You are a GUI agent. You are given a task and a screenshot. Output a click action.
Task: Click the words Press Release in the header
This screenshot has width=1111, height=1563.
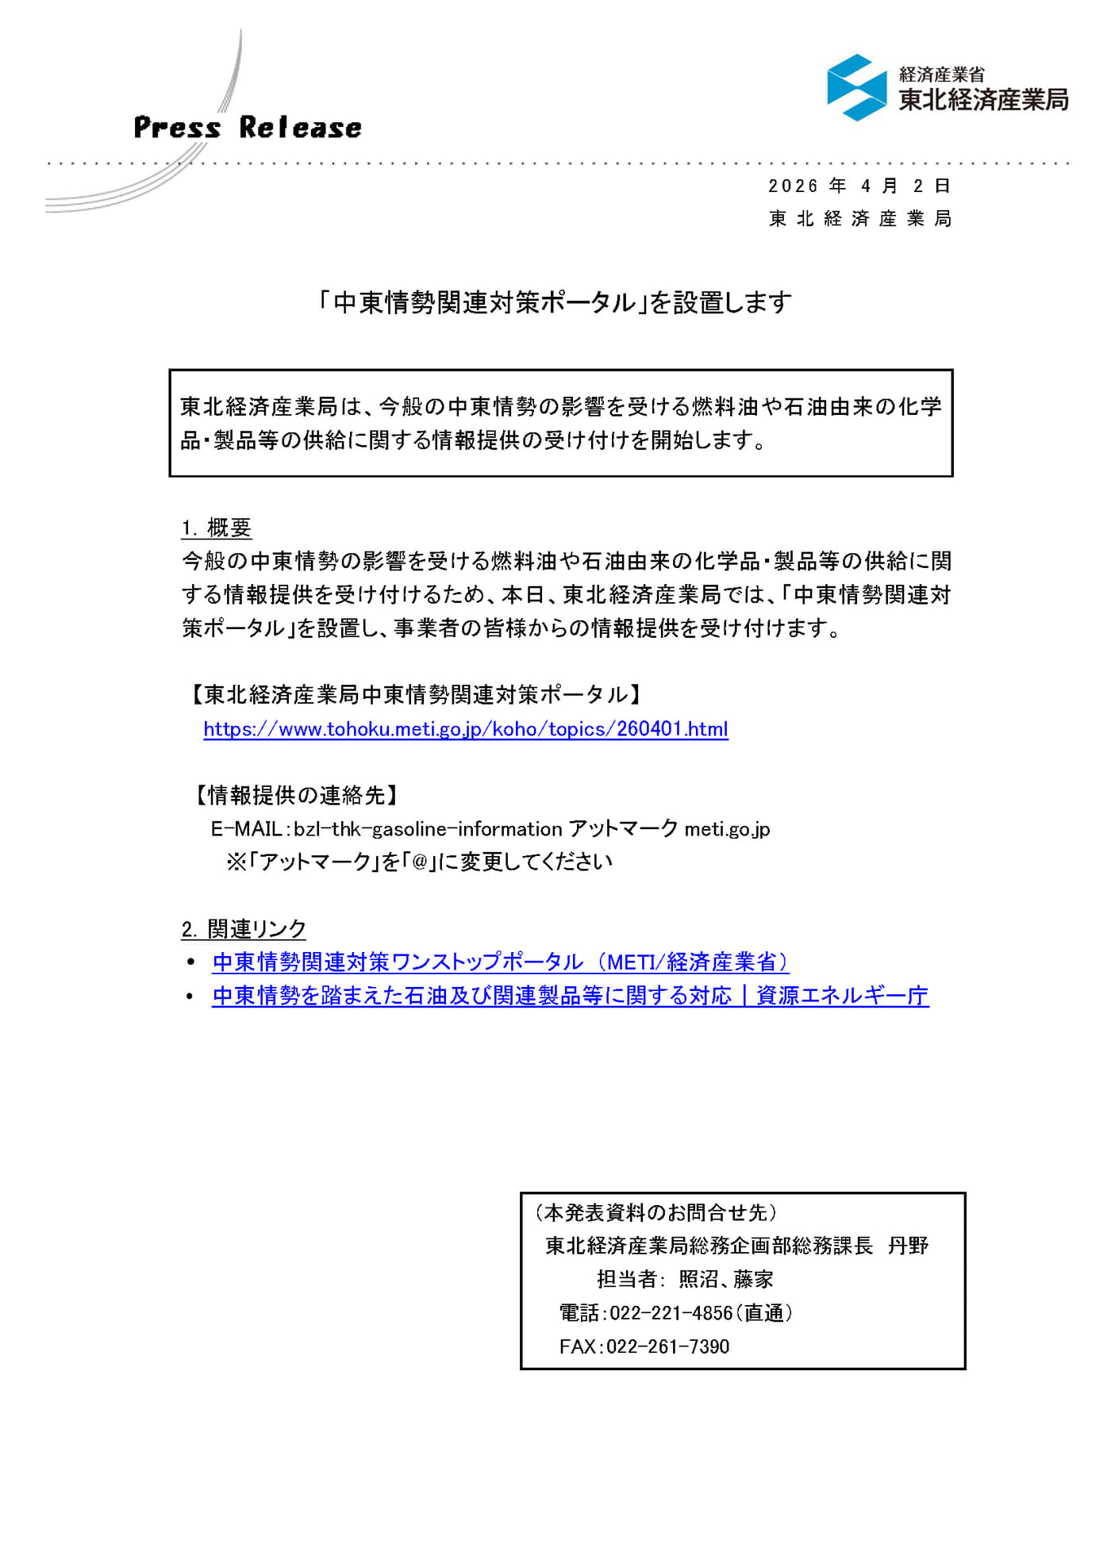(x=247, y=128)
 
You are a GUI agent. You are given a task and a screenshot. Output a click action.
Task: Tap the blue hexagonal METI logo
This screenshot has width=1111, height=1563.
(x=856, y=87)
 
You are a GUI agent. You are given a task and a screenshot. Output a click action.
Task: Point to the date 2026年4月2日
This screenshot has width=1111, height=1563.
(x=859, y=186)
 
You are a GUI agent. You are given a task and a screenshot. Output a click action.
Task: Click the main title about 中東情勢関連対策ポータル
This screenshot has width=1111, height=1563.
(x=555, y=302)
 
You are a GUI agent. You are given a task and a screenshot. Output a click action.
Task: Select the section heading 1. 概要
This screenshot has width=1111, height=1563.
(x=216, y=528)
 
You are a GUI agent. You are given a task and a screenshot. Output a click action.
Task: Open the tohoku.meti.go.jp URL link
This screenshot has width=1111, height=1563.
(x=465, y=729)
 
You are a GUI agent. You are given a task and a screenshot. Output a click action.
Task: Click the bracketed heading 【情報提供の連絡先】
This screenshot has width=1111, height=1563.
(x=296, y=795)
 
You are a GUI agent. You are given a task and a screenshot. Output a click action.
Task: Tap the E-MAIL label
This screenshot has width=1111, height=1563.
(x=246, y=829)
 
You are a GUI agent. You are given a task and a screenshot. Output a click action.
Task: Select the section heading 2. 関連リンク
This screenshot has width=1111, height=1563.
(x=244, y=929)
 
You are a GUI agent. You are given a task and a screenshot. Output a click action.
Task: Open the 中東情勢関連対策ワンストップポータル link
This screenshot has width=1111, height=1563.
(x=500, y=962)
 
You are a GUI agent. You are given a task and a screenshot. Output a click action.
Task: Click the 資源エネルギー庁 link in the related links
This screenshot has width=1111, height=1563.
(x=842, y=996)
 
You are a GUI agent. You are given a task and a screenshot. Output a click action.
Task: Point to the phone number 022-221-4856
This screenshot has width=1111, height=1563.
(x=671, y=1313)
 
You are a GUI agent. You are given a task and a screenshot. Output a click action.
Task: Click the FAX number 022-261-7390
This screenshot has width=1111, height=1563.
(x=667, y=1346)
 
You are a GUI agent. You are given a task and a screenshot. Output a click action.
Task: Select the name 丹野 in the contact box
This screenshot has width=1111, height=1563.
(x=908, y=1246)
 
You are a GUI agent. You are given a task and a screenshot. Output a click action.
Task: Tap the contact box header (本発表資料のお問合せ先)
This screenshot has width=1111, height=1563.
(x=655, y=1212)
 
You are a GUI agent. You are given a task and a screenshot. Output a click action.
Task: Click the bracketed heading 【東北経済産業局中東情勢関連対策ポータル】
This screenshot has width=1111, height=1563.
(x=414, y=695)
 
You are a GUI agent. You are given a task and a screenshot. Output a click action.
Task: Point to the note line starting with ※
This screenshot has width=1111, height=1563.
(x=419, y=862)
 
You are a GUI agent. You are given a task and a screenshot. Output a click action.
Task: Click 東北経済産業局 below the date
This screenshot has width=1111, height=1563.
(x=860, y=219)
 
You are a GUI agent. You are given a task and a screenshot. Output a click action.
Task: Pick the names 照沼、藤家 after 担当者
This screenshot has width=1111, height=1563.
(x=725, y=1280)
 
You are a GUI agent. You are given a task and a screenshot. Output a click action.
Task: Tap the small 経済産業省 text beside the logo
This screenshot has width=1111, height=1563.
(x=941, y=75)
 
